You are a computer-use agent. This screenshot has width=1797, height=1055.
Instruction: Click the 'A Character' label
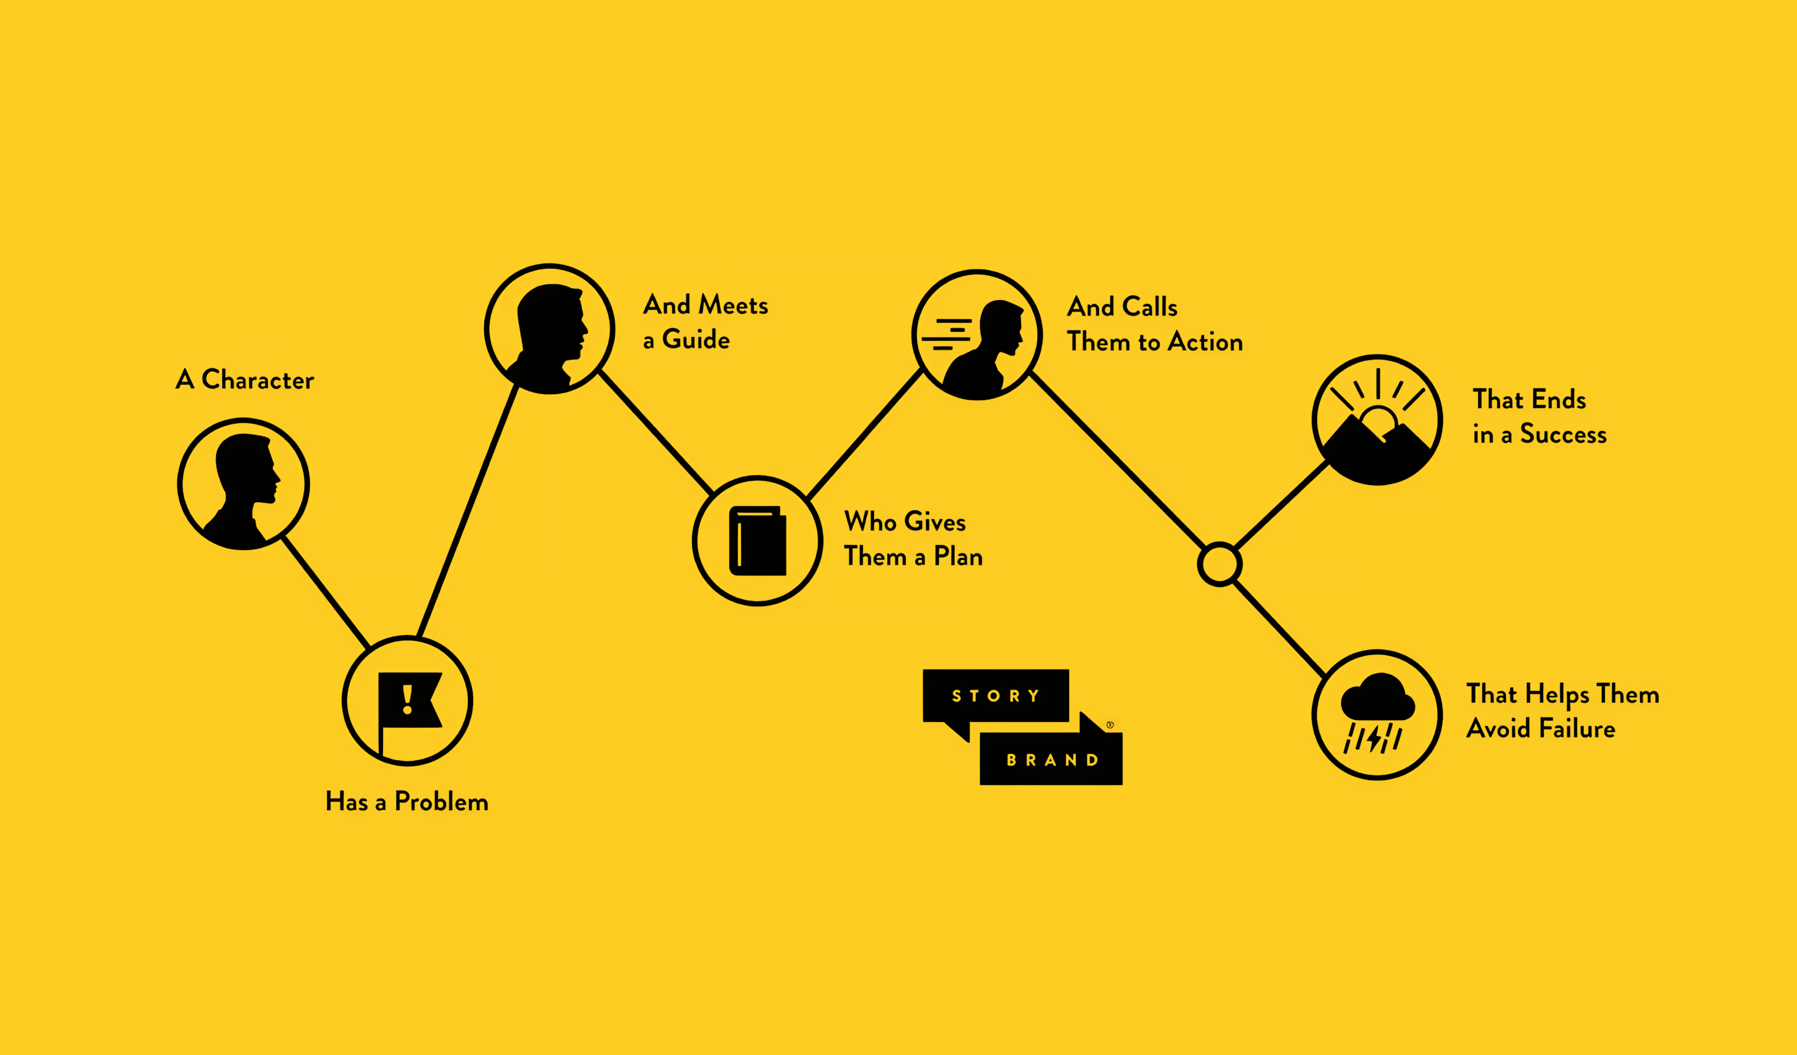(x=245, y=380)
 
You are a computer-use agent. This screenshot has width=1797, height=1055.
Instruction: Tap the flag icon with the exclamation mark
(x=408, y=703)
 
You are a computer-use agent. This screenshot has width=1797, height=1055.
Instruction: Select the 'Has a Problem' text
(x=407, y=802)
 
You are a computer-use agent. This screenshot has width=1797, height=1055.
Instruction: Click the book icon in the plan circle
(x=757, y=540)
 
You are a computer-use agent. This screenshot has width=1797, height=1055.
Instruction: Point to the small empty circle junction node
(x=1219, y=564)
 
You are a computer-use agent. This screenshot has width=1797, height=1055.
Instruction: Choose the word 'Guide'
(x=695, y=339)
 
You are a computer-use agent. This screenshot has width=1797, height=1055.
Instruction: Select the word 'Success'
(x=1563, y=434)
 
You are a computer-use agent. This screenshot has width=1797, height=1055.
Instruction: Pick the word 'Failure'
(x=1577, y=729)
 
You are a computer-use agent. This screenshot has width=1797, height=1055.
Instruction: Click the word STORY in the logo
(x=995, y=695)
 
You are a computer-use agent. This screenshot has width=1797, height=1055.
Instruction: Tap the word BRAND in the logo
(x=1052, y=760)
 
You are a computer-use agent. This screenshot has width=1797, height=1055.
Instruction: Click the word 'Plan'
(x=958, y=557)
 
